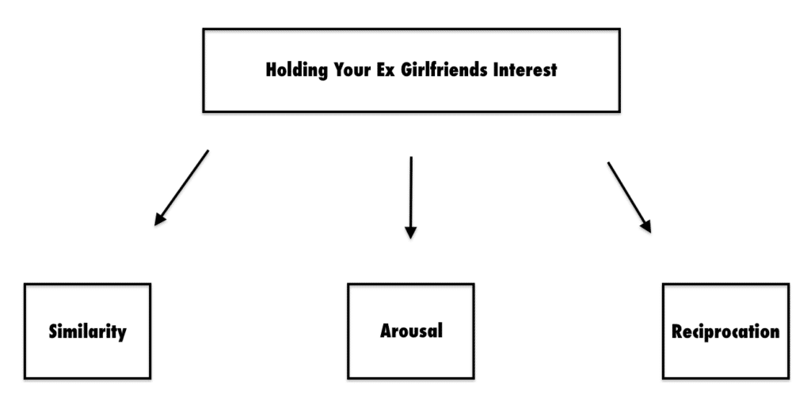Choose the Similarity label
[x=87, y=331]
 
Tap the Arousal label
[x=411, y=331]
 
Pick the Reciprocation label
[x=725, y=331]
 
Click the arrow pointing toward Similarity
[x=181, y=187]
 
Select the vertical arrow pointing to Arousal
[x=411, y=197]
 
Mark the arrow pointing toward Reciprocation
[x=630, y=197]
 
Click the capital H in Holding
[x=272, y=70]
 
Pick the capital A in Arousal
[x=386, y=331]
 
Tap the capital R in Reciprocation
[x=678, y=331]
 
